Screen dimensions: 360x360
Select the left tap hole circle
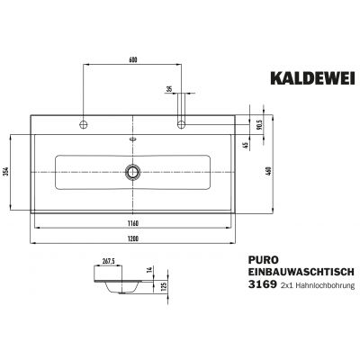pyautogui.click(x=84, y=121)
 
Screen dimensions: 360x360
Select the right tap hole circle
pyautogui.click(x=183, y=121)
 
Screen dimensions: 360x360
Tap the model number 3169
pyautogui.click(x=263, y=285)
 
